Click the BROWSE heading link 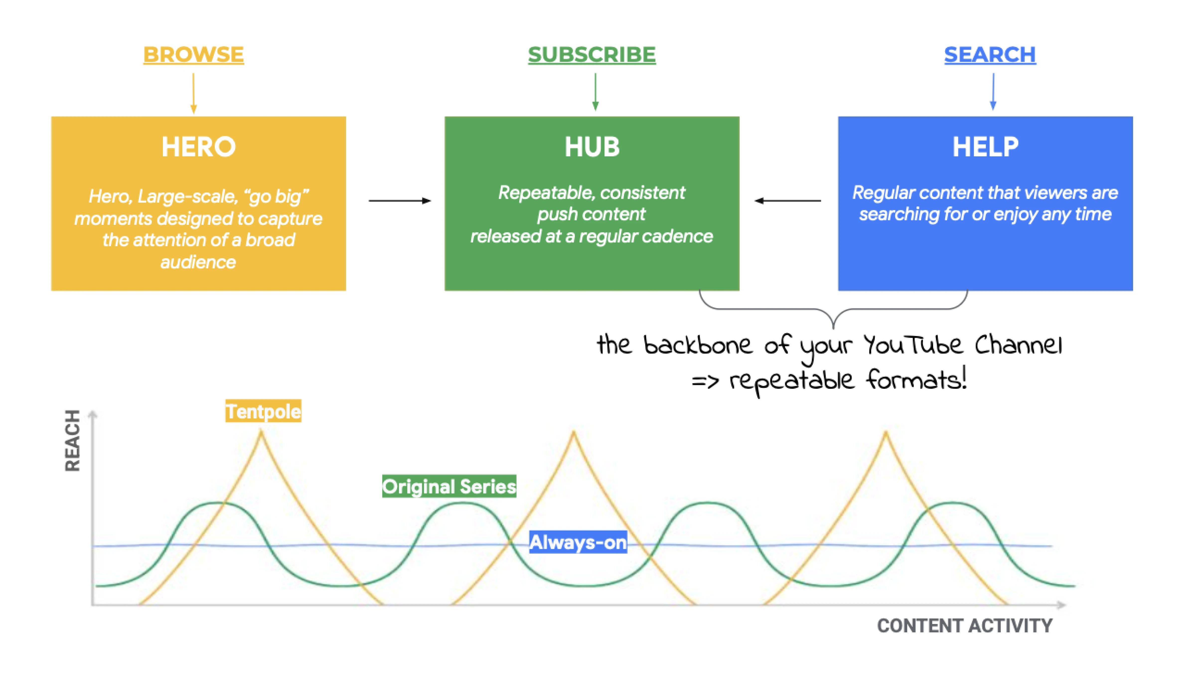[193, 55]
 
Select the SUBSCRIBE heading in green [592, 55]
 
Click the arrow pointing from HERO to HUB [399, 201]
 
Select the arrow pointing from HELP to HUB [788, 201]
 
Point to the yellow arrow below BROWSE [194, 93]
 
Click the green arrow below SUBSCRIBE [595, 92]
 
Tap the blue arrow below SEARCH [993, 92]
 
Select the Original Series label [449, 486]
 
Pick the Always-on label [578, 542]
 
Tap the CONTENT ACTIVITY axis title [964, 626]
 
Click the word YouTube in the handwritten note [913, 345]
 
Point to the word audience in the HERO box [198, 262]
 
